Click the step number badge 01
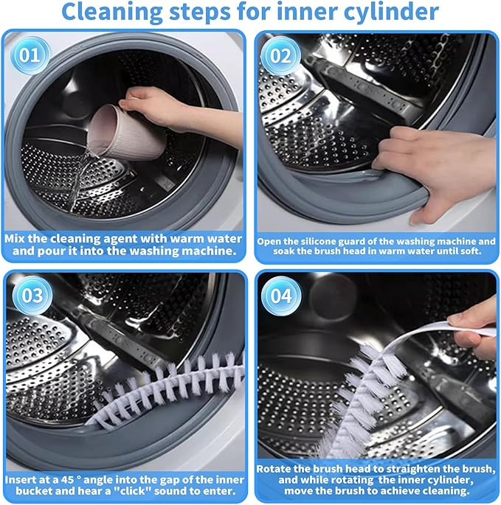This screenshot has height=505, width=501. [x=27, y=53]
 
